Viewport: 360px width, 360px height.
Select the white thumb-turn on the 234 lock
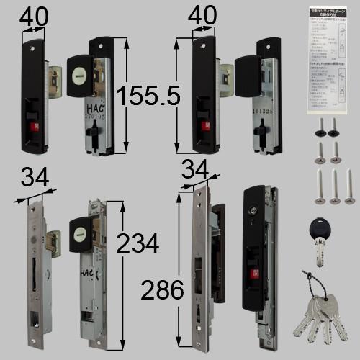point(79,231)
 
